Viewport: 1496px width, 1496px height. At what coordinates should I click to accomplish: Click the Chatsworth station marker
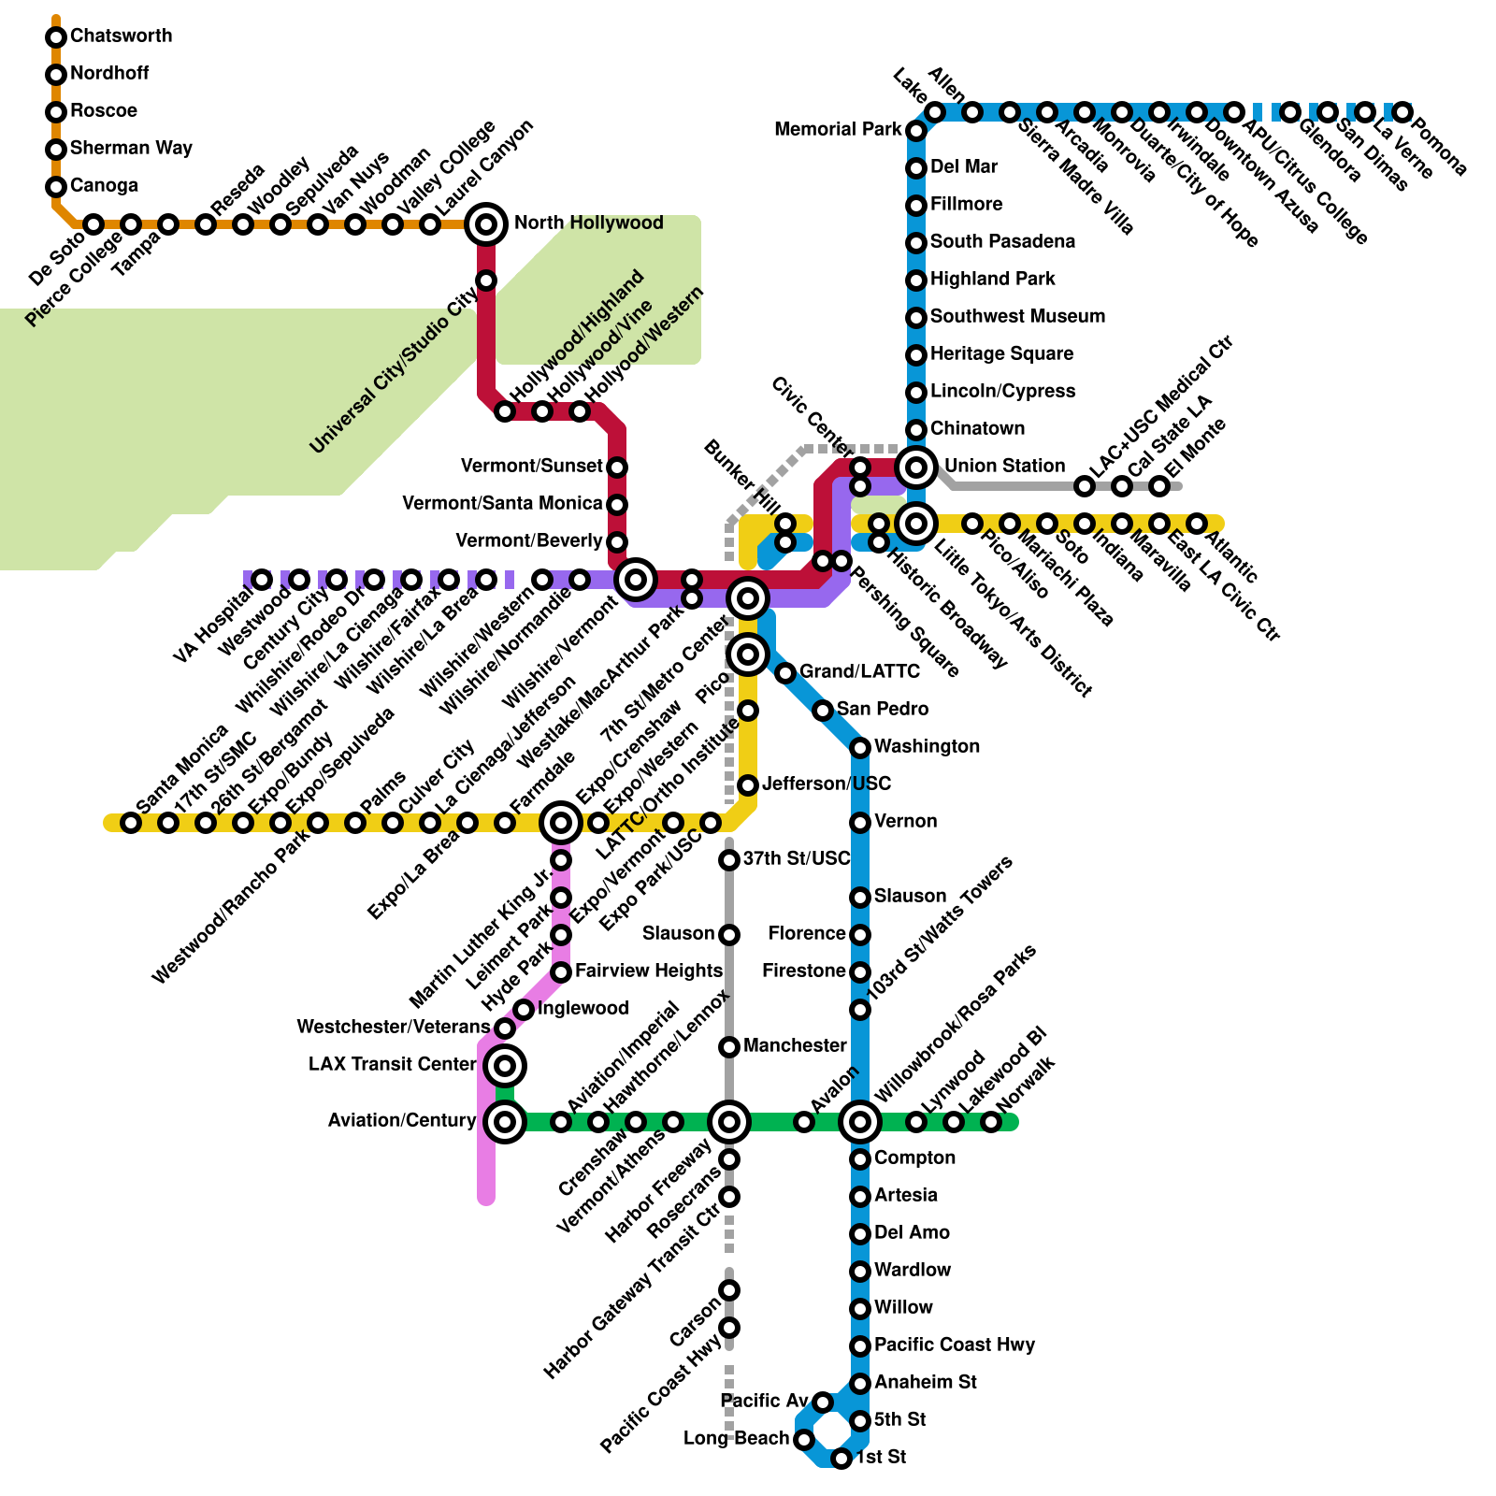tap(56, 37)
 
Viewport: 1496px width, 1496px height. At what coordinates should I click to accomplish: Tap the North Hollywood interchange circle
tap(486, 224)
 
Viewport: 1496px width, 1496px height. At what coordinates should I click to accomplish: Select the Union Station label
tap(1004, 466)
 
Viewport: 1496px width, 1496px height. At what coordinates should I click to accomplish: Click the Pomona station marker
tap(1402, 112)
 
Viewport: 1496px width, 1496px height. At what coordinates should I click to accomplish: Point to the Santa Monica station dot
tap(131, 823)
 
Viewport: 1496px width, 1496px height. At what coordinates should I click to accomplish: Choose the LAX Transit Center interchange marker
tap(505, 1066)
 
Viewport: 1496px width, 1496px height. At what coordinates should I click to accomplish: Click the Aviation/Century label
tap(402, 1120)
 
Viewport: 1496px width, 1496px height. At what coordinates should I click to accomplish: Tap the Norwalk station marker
tap(991, 1122)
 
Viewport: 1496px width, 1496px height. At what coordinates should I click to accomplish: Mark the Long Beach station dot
tap(804, 1440)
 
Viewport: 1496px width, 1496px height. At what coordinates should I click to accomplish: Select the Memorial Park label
tap(838, 129)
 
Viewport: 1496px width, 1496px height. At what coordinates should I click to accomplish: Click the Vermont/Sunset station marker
tap(617, 467)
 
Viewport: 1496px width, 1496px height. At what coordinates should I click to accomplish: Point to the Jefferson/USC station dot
tap(748, 785)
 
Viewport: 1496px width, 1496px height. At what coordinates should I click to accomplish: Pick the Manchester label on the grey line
tap(795, 1045)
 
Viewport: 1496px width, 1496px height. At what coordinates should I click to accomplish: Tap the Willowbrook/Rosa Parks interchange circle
tap(860, 1122)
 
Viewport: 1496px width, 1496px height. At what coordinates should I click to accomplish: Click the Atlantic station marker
tap(1197, 524)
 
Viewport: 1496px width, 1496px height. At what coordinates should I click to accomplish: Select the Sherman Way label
tap(131, 148)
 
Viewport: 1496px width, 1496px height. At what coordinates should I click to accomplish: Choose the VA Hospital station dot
tap(262, 580)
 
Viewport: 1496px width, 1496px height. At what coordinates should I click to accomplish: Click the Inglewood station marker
tap(524, 1010)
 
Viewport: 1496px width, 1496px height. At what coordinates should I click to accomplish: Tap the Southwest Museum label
tap(1017, 316)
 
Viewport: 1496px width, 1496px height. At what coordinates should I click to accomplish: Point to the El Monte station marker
tap(1159, 486)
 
